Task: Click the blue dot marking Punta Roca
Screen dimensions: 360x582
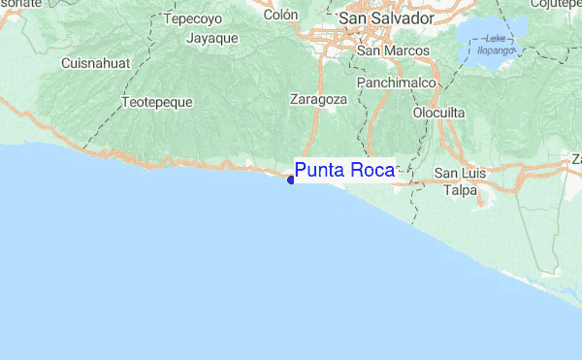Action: coord(291,179)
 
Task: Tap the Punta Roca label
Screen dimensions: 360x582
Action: coord(344,171)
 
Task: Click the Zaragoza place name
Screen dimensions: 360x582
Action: coord(318,99)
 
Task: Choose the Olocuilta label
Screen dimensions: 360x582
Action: coord(439,113)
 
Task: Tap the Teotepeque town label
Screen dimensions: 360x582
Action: coord(157,101)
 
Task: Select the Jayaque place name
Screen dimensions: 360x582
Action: coord(212,38)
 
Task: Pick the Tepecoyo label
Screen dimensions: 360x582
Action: coord(194,18)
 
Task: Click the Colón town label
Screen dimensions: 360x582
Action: coord(280,15)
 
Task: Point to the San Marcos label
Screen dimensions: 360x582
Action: coord(387,50)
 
